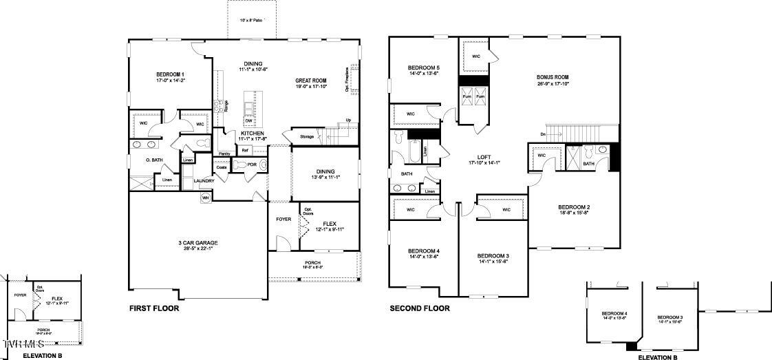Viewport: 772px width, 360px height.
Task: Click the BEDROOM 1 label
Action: (x=170, y=74)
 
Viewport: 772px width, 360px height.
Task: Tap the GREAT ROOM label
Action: (x=310, y=81)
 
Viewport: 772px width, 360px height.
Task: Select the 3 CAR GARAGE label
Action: (x=198, y=242)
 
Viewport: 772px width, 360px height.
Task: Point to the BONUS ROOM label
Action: (x=553, y=77)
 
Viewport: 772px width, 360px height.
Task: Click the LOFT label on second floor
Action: (x=484, y=156)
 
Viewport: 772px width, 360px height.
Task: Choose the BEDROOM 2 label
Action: (x=574, y=207)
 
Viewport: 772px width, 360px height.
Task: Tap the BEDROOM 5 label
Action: (x=424, y=67)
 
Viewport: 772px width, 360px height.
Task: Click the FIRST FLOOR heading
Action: (x=154, y=309)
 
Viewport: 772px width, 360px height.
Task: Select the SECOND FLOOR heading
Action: (x=420, y=309)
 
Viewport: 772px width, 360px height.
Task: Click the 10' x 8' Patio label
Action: (x=251, y=21)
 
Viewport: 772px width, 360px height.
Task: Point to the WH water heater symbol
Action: (x=205, y=198)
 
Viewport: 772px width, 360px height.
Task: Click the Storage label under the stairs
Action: (x=307, y=136)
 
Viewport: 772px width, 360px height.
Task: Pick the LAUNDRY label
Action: (x=204, y=181)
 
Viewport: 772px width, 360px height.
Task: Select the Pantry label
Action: (x=224, y=153)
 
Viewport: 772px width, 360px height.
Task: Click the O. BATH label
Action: (x=153, y=160)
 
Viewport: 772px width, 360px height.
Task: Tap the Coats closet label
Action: (x=222, y=167)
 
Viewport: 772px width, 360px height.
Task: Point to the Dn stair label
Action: (x=543, y=134)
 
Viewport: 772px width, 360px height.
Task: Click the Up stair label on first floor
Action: (x=348, y=120)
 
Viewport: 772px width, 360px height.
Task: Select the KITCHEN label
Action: (x=252, y=133)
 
